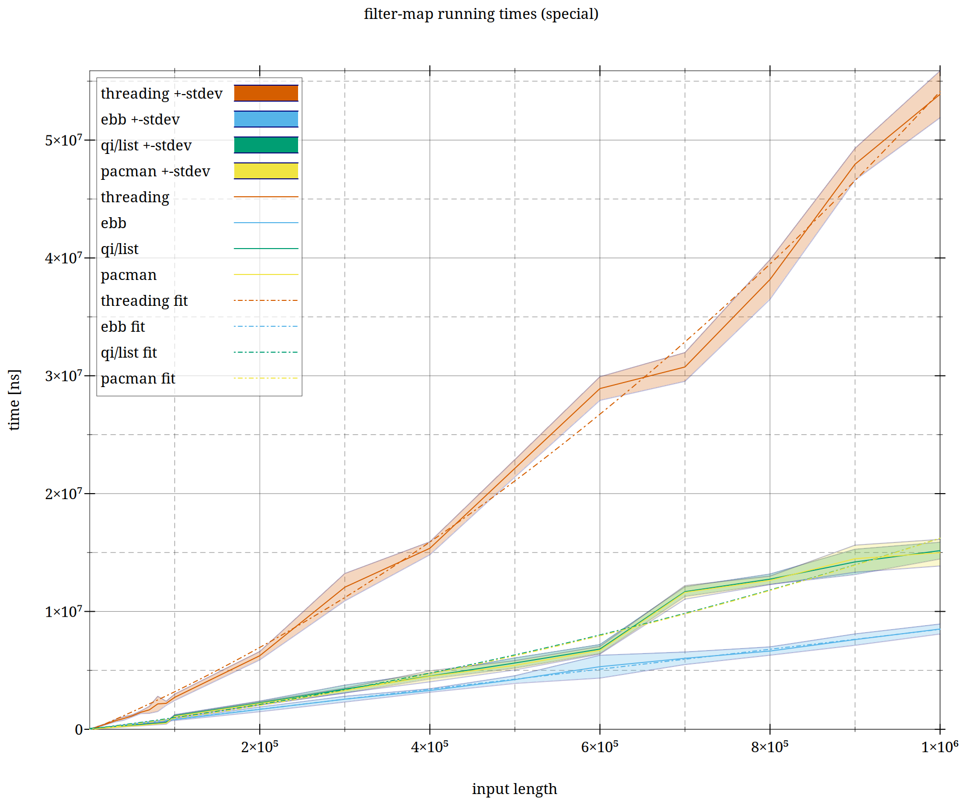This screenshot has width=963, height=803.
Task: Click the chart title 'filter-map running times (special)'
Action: point(481,14)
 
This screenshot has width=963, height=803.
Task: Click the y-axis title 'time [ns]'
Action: point(14,400)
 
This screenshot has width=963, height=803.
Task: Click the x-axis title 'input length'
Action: point(514,789)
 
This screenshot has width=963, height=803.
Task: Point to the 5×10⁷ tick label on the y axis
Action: point(64,140)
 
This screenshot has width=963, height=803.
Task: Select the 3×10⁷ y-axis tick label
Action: point(64,376)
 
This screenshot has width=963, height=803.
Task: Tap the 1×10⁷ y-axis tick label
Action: point(64,612)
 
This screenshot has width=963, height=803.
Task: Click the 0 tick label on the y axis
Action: point(79,730)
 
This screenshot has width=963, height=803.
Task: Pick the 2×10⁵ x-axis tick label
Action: point(260,747)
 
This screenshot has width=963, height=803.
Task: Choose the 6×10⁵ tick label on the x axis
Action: point(600,747)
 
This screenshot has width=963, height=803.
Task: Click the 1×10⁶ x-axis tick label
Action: point(939,747)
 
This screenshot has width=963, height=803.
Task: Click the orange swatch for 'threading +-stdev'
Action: point(266,93)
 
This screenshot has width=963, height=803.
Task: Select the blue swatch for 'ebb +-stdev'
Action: point(266,119)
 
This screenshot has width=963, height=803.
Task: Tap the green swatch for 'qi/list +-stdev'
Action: point(266,145)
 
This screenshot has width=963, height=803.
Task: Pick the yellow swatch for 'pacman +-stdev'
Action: point(266,171)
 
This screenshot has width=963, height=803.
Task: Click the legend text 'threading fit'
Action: point(144,301)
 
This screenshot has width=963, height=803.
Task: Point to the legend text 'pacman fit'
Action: point(138,379)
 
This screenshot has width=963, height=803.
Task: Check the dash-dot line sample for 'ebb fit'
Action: point(266,326)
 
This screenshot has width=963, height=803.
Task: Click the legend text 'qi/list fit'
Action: point(129,353)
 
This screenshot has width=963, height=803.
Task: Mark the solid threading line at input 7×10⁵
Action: point(685,367)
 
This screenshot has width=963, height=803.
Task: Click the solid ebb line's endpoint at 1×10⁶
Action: point(940,629)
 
